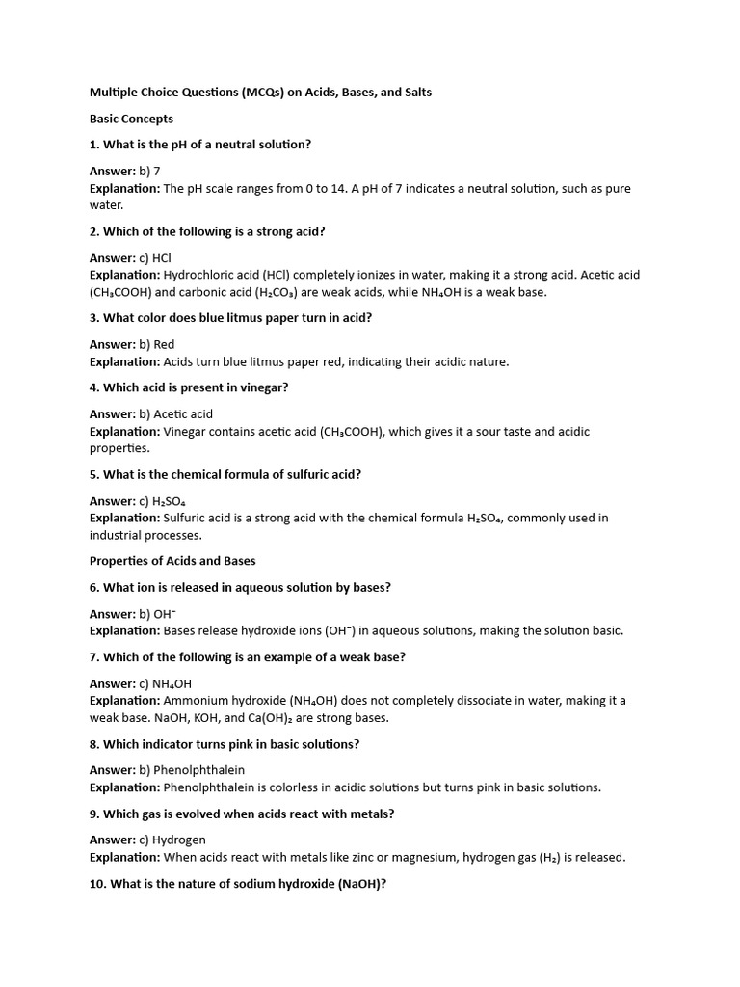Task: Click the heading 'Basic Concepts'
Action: (x=131, y=119)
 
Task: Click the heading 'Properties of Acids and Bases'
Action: (x=172, y=560)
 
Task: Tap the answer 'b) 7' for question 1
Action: (x=150, y=171)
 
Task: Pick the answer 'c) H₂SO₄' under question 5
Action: (x=165, y=500)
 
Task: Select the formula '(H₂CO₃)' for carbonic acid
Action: (x=255, y=292)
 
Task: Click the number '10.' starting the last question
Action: (x=99, y=883)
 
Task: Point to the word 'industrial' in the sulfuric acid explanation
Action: (x=119, y=535)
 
